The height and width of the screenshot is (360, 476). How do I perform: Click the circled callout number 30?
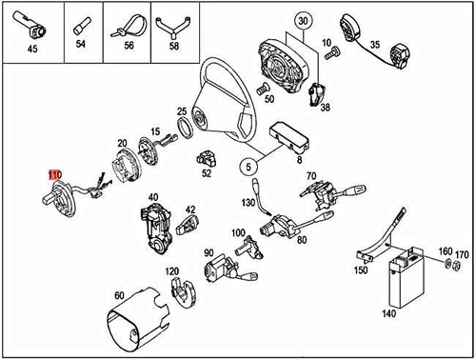304,21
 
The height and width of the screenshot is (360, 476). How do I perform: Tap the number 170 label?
463,254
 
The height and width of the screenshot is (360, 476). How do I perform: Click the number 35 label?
375,44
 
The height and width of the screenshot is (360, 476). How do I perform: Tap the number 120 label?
172,271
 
